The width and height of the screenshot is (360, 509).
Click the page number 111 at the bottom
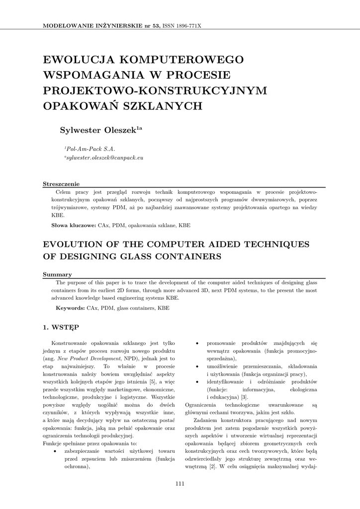(x=180, y=484)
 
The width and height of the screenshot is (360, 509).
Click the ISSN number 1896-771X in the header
(x=185, y=25)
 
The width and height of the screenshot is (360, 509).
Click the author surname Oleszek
(x=119, y=131)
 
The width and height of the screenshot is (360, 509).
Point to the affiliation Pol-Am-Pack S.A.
(x=90, y=149)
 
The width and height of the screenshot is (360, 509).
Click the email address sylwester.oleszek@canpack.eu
(x=104, y=158)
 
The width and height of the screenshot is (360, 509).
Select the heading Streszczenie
(x=61, y=183)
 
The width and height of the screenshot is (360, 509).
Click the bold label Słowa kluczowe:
(x=74, y=226)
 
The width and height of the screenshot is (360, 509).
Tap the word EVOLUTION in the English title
(x=75, y=245)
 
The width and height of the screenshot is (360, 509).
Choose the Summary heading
(x=57, y=274)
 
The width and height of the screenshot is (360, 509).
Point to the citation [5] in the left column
(x=153, y=381)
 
